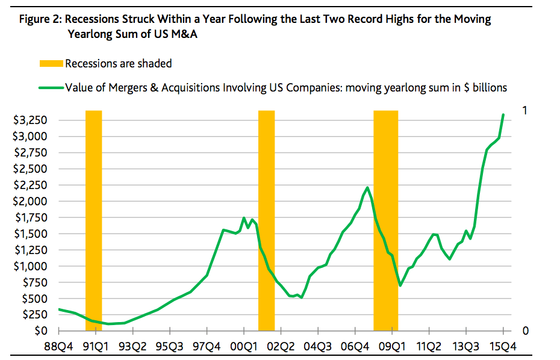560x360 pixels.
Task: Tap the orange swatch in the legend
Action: (51, 64)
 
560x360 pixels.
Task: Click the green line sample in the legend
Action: (51, 87)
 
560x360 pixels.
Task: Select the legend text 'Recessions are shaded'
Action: (118, 64)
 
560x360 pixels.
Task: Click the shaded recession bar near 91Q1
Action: (94, 220)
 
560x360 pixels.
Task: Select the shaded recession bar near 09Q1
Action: (385, 220)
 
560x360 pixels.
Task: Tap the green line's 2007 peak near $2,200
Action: (367, 188)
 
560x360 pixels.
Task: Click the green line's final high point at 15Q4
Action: (503, 114)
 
